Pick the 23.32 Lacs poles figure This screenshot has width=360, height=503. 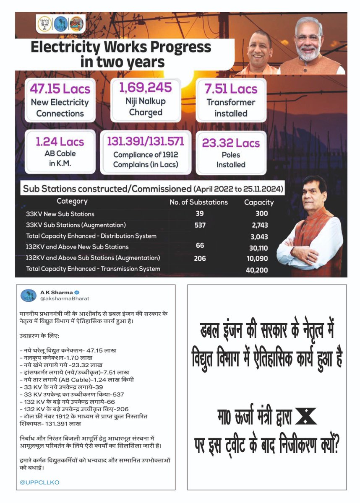point(231,143)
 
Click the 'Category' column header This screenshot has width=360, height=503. point(72,202)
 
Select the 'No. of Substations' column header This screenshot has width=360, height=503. point(198,202)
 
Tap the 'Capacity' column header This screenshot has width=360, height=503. point(258,202)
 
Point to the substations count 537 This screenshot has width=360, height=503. point(200,225)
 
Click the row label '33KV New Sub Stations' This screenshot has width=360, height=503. point(60,214)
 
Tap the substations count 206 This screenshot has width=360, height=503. point(200,258)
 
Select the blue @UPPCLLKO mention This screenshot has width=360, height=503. point(39,482)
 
